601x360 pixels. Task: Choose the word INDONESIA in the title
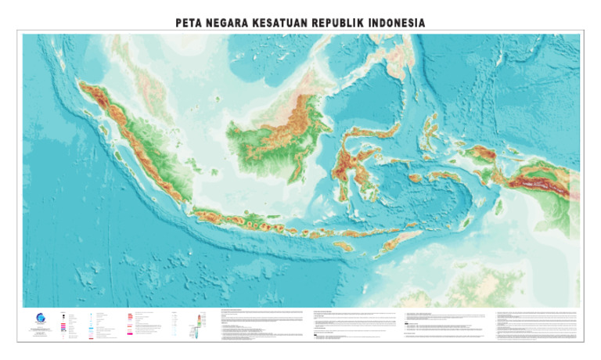pos(395,23)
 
